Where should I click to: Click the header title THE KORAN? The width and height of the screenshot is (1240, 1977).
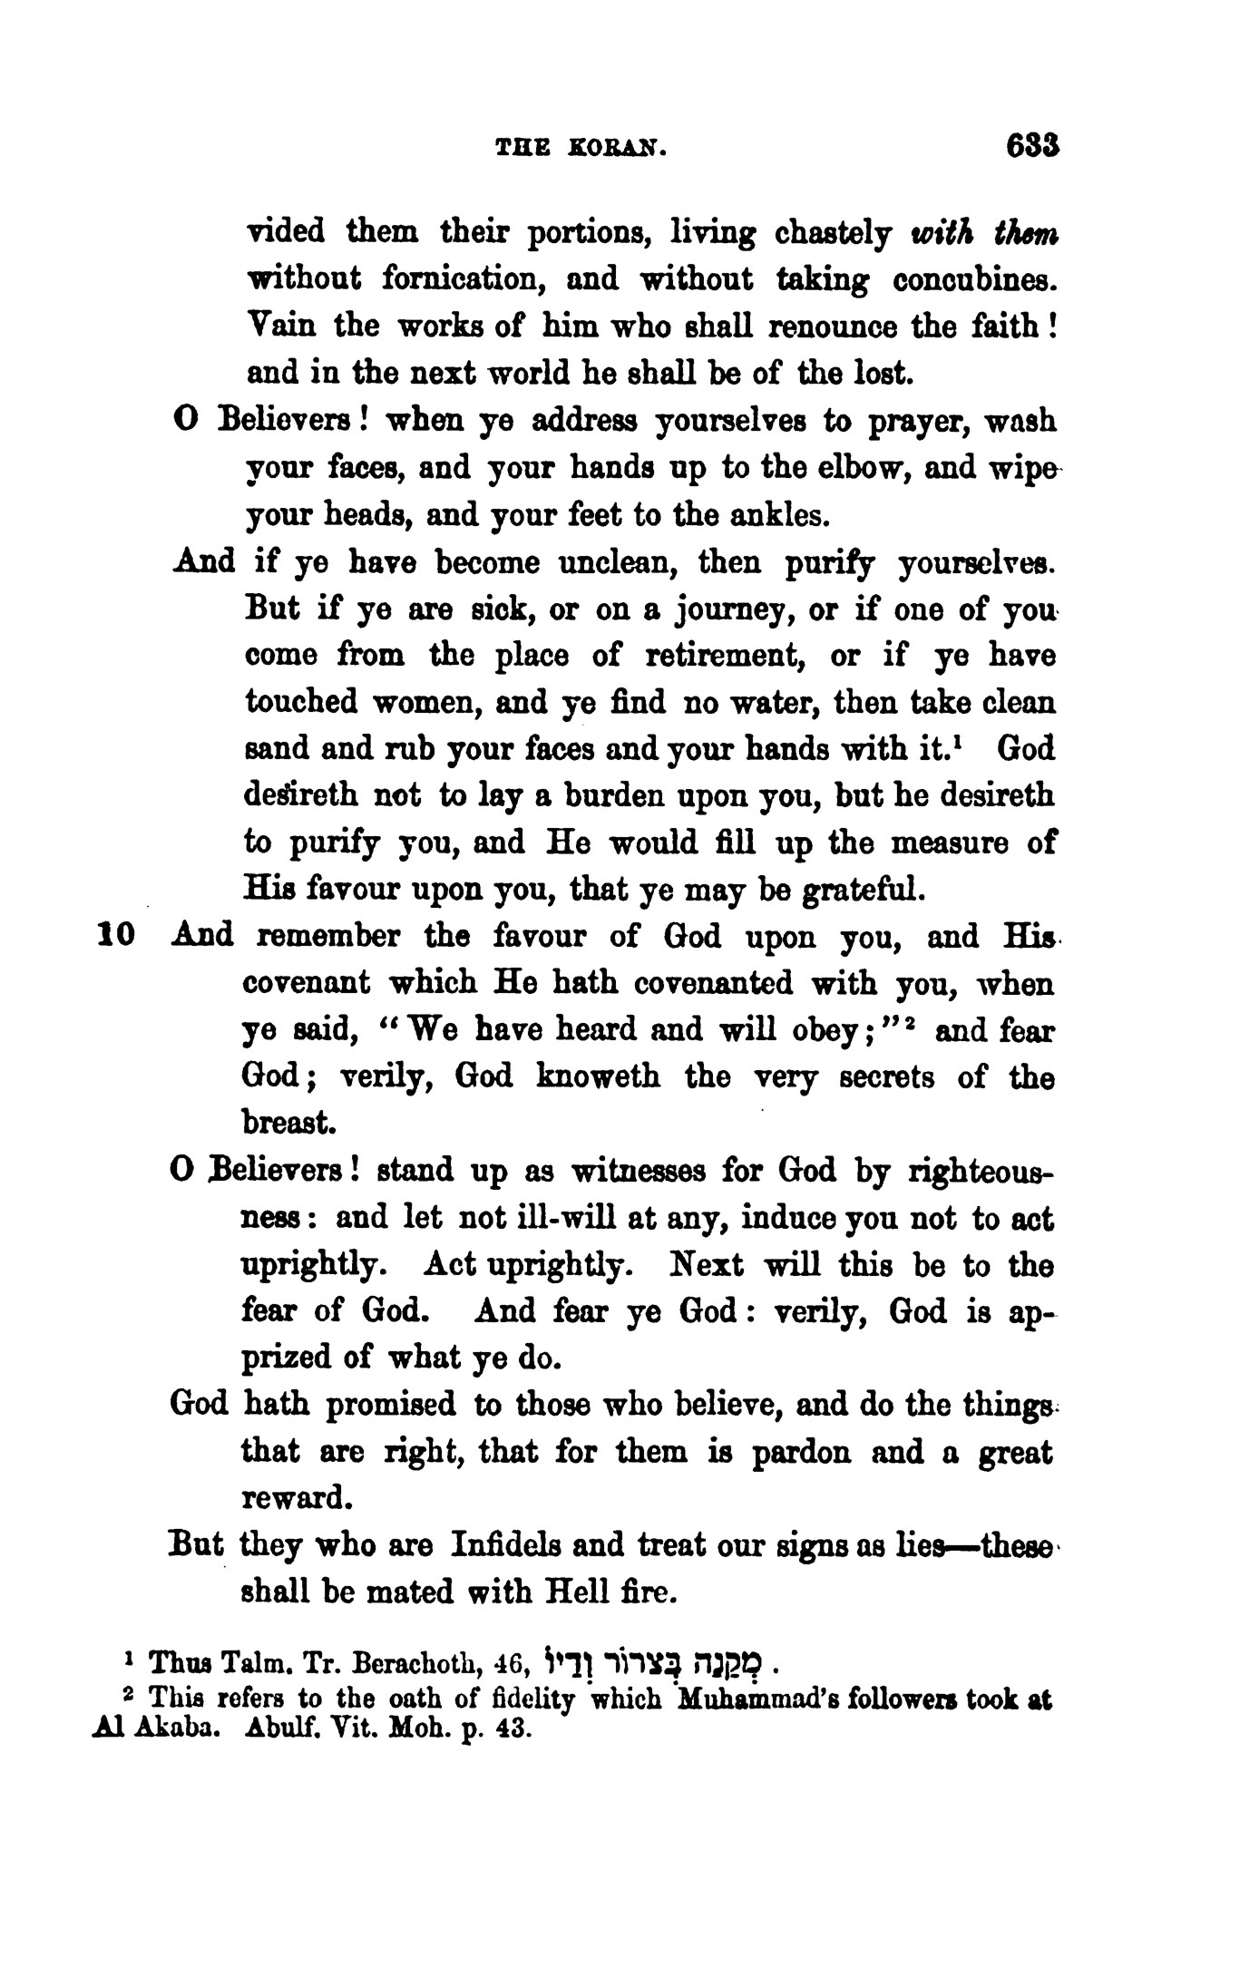581,150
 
